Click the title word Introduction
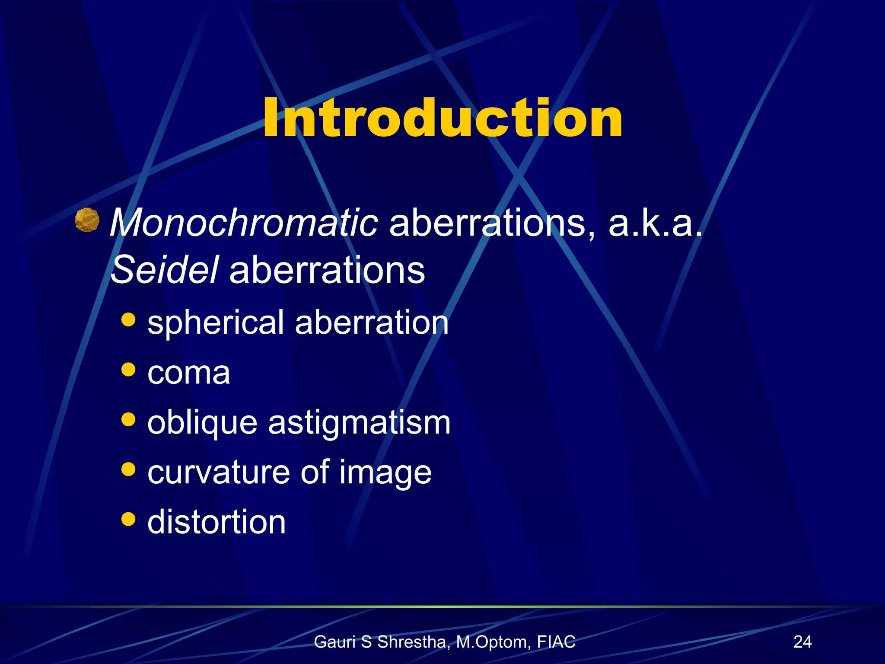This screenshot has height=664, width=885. point(442,118)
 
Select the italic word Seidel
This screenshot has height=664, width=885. point(164,270)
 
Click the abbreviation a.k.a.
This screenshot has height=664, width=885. point(655,223)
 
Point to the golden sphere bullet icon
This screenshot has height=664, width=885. point(87,220)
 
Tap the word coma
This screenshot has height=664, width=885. point(188,373)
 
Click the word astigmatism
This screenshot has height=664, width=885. point(359,423)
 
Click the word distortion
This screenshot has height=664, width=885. point(216,522)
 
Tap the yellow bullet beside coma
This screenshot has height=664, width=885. point(128,370)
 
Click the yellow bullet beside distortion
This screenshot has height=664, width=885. point(128,519)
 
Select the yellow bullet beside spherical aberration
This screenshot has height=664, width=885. point(128,320)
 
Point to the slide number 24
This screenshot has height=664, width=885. point(802,642)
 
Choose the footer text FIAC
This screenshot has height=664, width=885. point(556,642)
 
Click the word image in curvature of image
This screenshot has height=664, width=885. point(385,473)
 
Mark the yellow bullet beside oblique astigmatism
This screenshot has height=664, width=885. point(128,419)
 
